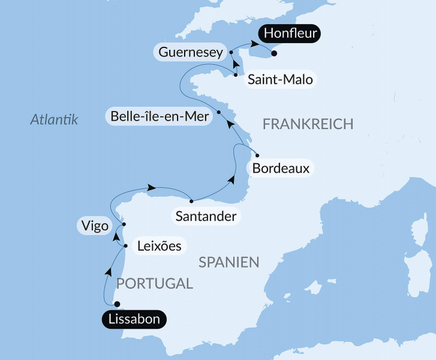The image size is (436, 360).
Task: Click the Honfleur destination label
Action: point(290,34)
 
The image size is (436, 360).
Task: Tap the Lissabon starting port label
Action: point(133,319)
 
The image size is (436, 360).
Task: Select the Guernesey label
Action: point(191,52)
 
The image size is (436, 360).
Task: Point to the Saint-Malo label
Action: point(281,80)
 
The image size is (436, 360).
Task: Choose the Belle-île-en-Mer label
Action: point(160,116)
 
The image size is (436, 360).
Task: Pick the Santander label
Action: point(205,216)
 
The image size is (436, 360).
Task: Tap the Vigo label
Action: point(93,226)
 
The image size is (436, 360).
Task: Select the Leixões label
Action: point(159,245)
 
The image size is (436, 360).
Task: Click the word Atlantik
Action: point(55,120)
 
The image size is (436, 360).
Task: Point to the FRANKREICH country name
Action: point(308,124)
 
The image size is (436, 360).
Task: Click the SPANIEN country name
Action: point(228,262)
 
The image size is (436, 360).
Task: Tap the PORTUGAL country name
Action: point(154,284)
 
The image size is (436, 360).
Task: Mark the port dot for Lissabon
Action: point(117,304)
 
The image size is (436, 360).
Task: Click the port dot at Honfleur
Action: point(274,54)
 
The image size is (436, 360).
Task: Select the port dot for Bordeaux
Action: point(257,155)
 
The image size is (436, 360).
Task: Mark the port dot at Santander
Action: point(191,201)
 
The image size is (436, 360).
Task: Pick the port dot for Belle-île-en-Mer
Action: point(219,112)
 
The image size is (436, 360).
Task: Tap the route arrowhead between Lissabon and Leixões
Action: point(109,272)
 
